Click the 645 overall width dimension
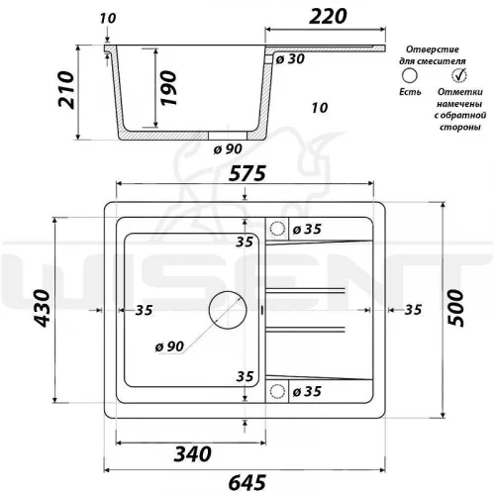point(247,483)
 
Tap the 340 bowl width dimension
point(192,453)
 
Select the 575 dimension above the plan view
point(247,173)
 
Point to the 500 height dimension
point(455,308)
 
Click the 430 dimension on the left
point(43,308)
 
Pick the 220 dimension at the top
point(328,17)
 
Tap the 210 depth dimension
point(65,89)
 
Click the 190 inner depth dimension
point(168,88)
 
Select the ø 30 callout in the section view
point(290,58)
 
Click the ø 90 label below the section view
point(228,148)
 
